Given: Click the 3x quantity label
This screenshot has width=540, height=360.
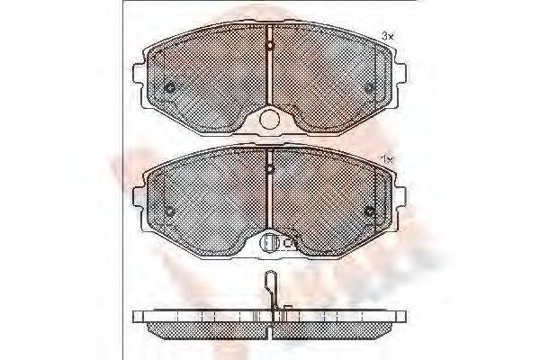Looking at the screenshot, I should [389, 35].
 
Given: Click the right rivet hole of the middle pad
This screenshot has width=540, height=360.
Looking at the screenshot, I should [370, 212].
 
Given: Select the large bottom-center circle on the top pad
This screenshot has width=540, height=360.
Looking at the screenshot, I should [270, 119].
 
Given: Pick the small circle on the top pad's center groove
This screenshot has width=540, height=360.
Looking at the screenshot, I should [270, 42].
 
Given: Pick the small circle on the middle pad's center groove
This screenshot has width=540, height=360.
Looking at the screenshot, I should [270, 167].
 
